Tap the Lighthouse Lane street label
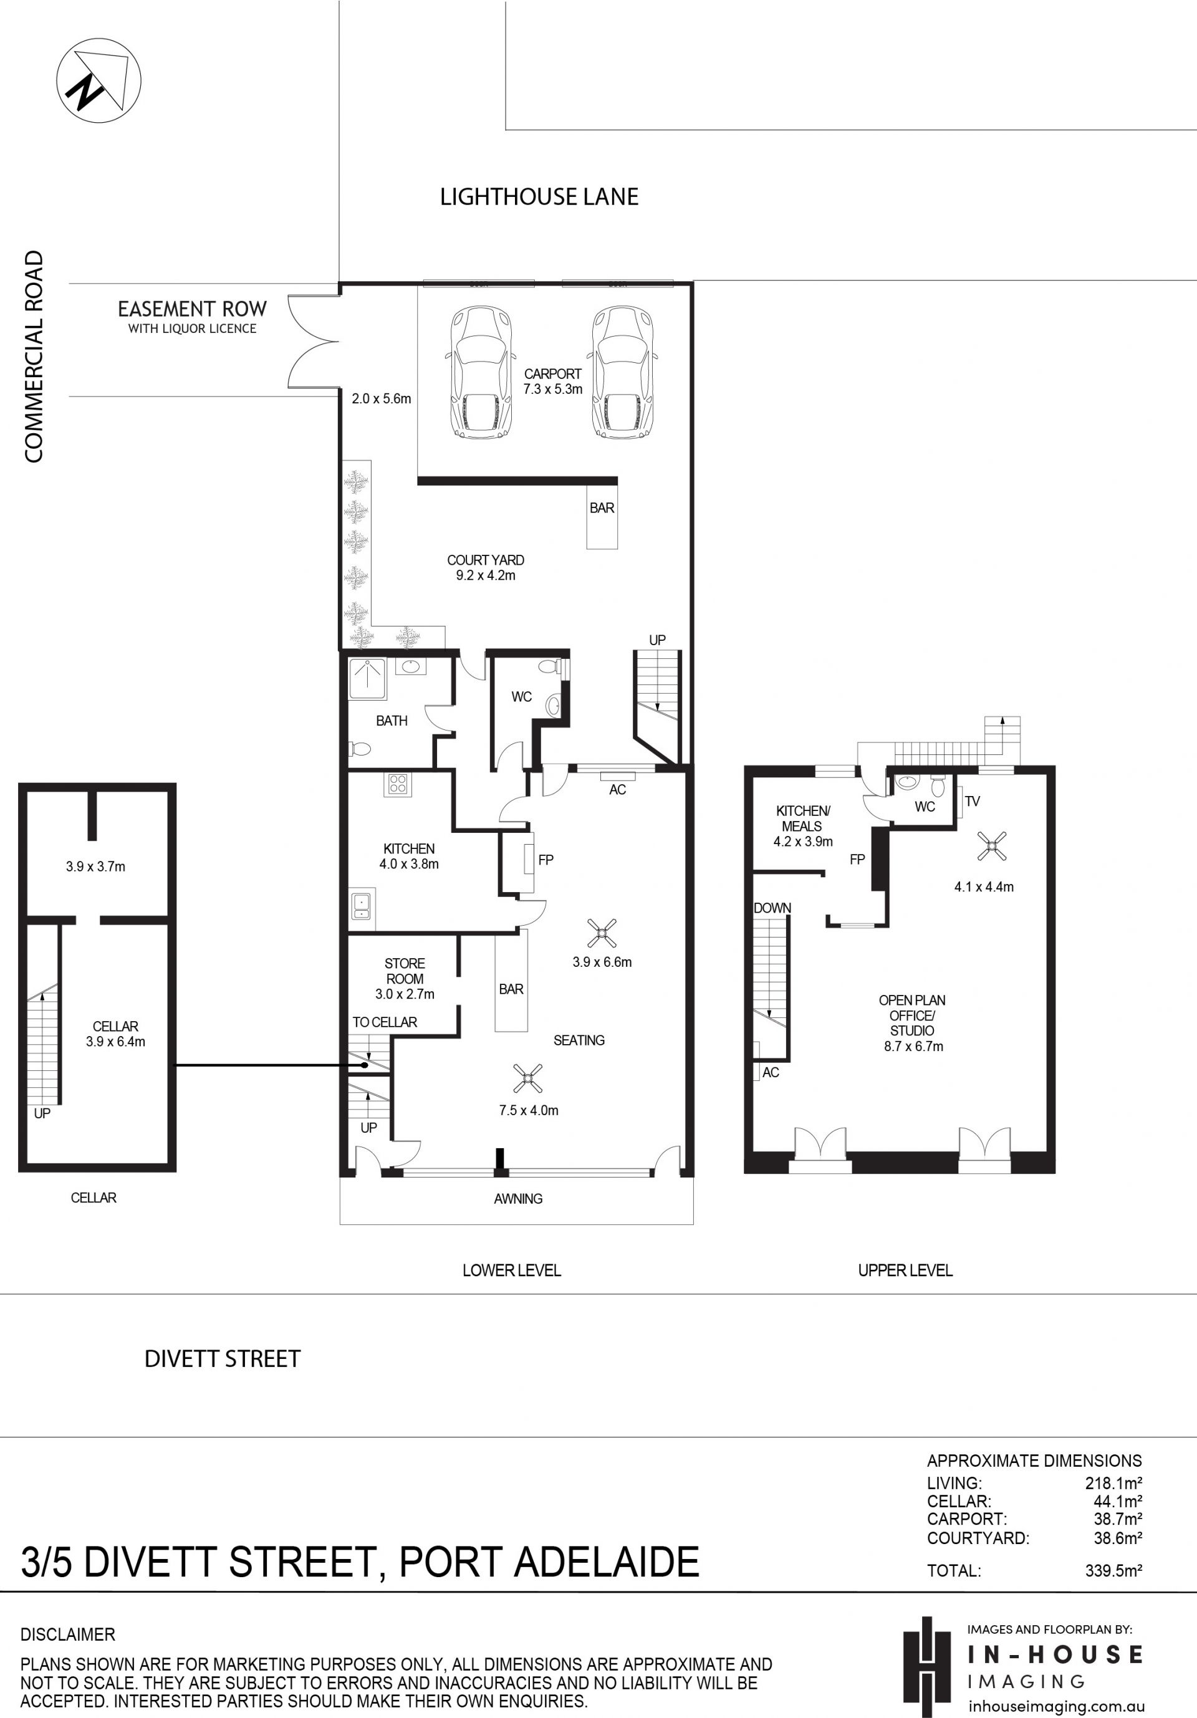(x=539, y=197)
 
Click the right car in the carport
(x=624, y=371)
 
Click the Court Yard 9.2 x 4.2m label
(x=486, y=567)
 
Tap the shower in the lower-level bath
(x=367, y=679)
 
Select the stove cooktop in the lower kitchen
(x=397, y=784)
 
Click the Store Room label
(x=405, y=971)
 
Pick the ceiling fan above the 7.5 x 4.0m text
(x=528, y=1078)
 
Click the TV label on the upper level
(x=972, y=802)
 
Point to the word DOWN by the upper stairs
(x=772, y=908)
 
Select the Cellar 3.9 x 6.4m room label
(x=115, y=1034)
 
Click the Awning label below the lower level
(x=517, y=1198)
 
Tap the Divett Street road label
(x=222, y=1358)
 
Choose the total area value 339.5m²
(x=1113, y=1571)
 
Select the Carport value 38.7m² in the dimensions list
(x=1117, y=1519)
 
